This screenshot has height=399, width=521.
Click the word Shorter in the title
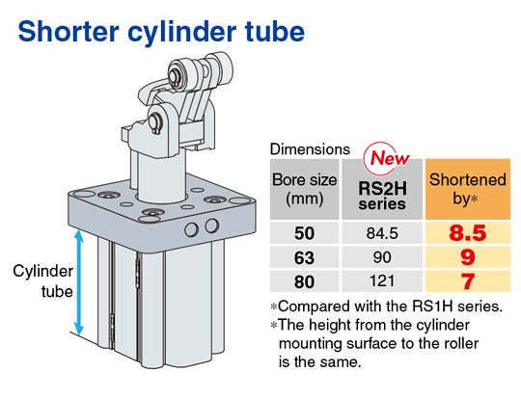pyautogui.click(x=69, y=32)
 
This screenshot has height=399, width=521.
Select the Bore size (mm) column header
pyautogui.click(x=304, y=189)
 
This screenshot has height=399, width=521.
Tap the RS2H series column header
pyautogui.click(x=382, y=196)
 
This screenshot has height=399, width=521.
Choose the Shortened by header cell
pyautogui.click(x=468, y=189)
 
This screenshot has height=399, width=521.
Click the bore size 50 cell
pyautogui.click(x=304, y=233)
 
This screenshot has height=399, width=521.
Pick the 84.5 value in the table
pyautogui.click(x=382, y=233)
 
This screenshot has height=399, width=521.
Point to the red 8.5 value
pyautogui.click(x=468, y=233)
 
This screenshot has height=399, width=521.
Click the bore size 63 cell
pyautogui.click(x=304, y=257)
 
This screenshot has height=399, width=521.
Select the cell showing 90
pyautogui.click(x=382, y=257)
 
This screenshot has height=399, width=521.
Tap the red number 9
pyautogui.click(x=468, y=257)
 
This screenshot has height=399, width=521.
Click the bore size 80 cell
pyautogui.click(x=304, y=281)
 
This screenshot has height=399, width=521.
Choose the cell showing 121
pyautogui.click(x=382, y=281)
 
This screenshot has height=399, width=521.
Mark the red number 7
pyautogui.click(x=468, y=281)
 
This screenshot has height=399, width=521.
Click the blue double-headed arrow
pyautogui.click(x=79, y=282)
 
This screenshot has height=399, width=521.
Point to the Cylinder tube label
pyautogui.click(x=42, y=281)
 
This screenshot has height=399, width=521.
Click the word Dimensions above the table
pyautogui.click(x=310, y=149)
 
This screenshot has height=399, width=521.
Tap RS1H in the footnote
pyautogui.click(x=432, y=306)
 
